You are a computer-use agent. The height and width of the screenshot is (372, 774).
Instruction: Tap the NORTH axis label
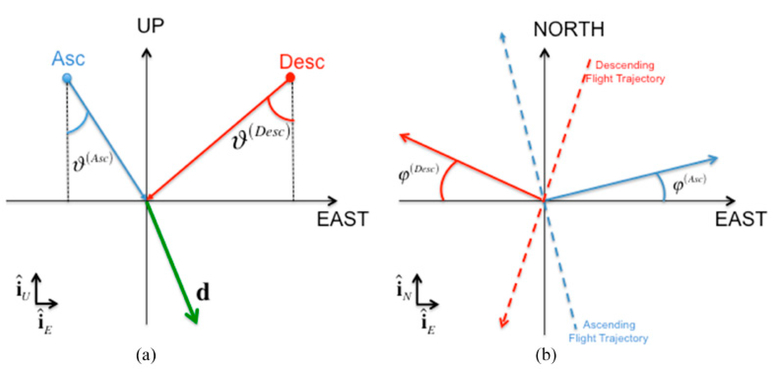coord(568,30)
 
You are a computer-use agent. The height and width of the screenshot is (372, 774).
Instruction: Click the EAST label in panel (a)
coord(342,219)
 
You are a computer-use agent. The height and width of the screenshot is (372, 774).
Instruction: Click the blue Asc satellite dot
coord(67,78)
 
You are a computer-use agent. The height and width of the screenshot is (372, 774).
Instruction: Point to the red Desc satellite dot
coord(290,77)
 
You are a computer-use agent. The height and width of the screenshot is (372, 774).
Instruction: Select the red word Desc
coord(302,62)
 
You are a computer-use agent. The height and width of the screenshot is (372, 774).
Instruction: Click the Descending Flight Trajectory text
coord(625,72)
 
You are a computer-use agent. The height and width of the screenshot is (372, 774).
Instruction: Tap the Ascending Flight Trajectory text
coord(608,331)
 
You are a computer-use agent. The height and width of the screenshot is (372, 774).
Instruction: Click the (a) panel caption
coord(146,355)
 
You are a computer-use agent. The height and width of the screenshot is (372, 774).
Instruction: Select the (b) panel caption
coord(546,355)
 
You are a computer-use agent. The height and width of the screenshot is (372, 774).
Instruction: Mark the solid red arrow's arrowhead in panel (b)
coord(404,137)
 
